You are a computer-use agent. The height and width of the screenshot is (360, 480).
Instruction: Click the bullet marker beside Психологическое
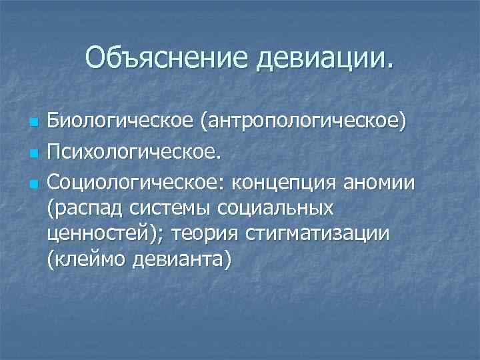(32, 153)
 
